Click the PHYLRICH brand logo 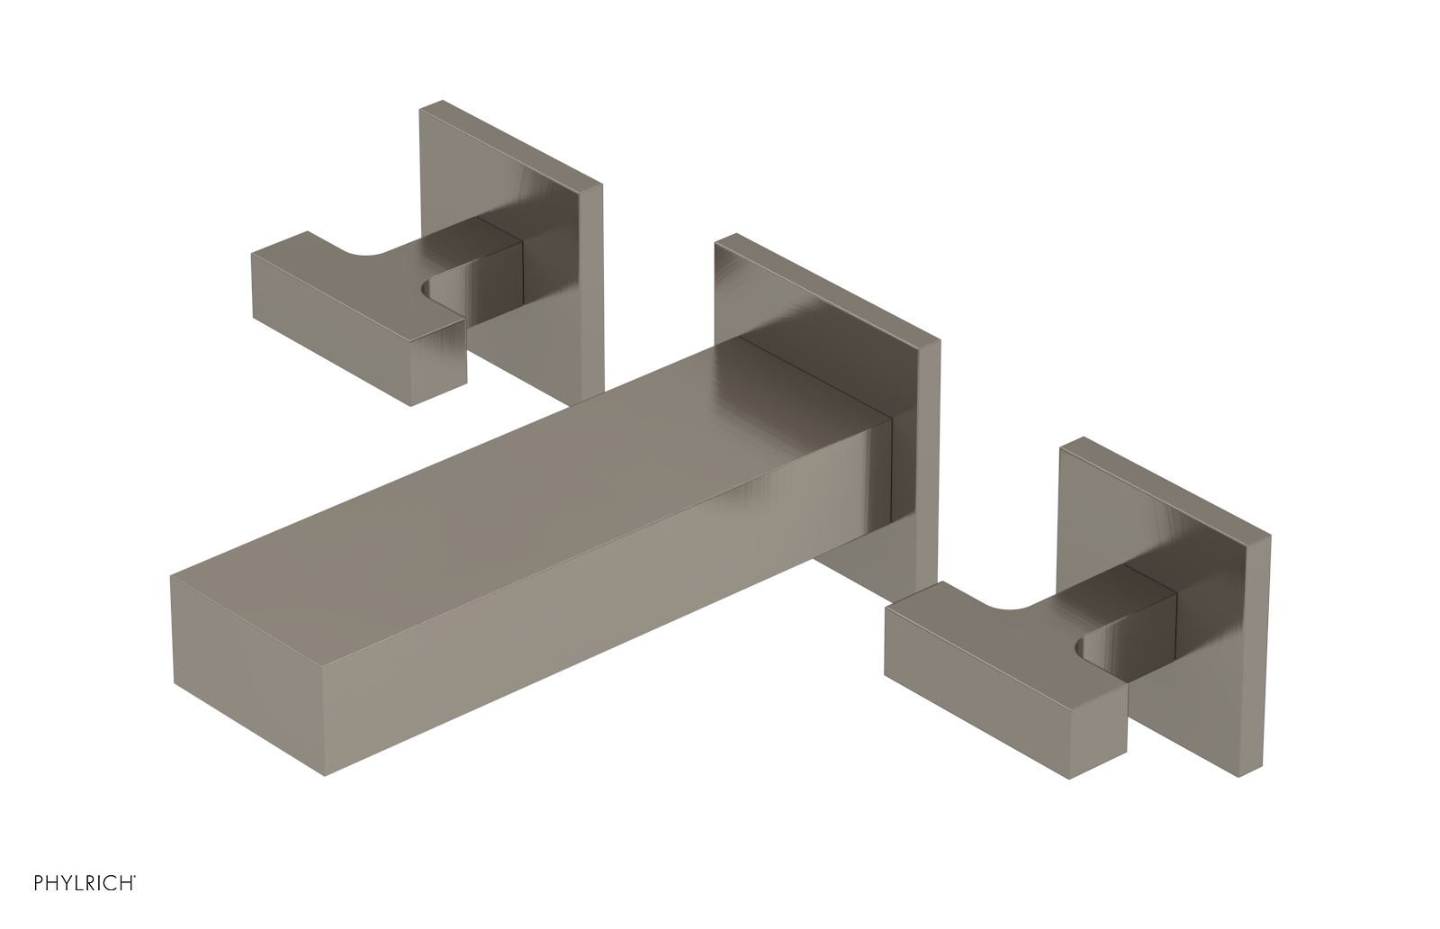[85, 883]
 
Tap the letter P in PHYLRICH [39, 883]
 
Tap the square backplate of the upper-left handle [514, 251]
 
